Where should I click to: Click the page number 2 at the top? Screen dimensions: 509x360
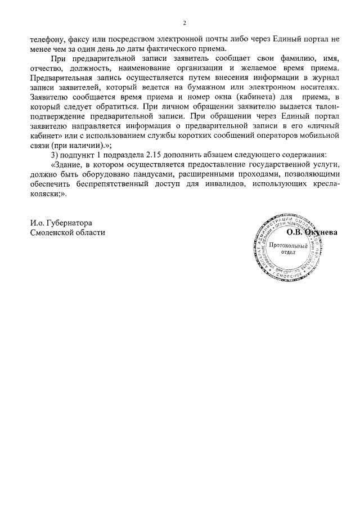pyautogui.click(x=184, y=23)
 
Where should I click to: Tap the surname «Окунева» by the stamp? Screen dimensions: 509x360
pyautogui.click(x=321, y=232)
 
